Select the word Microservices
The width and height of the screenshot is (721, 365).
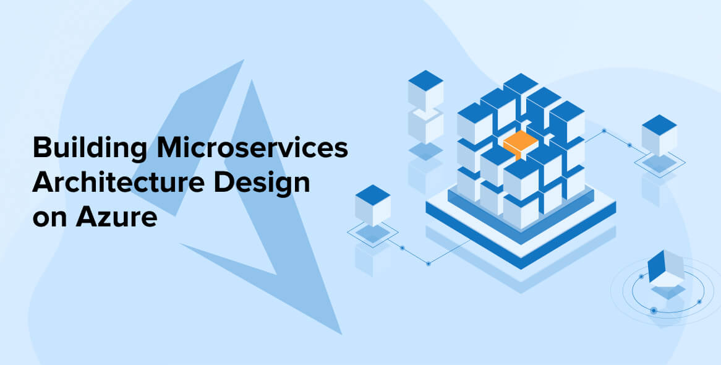pos(252,148)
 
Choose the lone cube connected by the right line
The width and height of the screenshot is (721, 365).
pos(659,135)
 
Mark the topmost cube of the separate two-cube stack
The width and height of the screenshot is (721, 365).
pos(426,90)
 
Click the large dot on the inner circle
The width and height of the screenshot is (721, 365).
pos(654,310)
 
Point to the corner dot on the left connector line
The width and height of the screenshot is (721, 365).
pos(429,264)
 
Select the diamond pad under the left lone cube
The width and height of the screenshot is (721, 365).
pos(373,233)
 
